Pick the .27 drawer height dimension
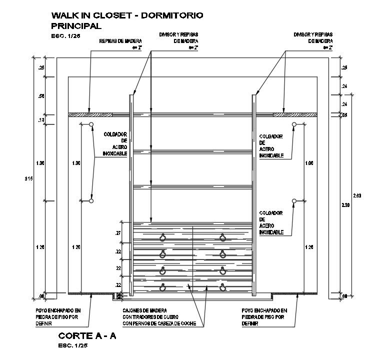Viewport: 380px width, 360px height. point(118,233)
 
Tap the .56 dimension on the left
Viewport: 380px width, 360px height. point(41,96)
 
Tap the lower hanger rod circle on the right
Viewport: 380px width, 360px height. point(294,201)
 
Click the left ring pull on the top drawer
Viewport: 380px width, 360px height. point(162,237)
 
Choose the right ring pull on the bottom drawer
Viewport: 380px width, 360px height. point(222,287)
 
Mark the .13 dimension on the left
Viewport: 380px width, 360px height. point(41,120)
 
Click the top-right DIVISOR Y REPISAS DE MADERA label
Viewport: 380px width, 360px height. point(313,38)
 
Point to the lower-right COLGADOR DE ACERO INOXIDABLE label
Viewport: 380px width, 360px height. point(272,222)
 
